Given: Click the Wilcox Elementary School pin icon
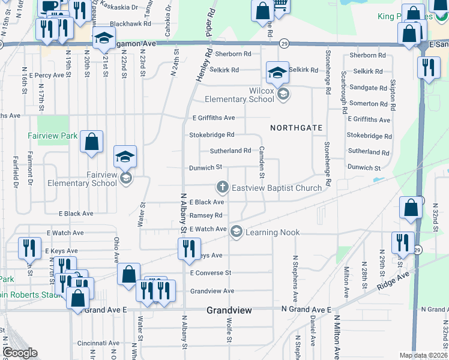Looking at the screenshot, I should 283,94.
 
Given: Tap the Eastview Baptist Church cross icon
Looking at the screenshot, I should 222,188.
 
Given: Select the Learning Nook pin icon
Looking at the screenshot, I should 236,232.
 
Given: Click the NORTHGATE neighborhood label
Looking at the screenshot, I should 297,128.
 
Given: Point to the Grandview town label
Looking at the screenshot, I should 229,310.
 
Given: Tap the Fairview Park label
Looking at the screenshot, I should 52,136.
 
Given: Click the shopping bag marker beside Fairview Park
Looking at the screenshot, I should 91,143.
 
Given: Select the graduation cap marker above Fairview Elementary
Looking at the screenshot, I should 125,157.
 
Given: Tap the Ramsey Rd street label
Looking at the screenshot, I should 206,215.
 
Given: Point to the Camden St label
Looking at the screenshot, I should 262,161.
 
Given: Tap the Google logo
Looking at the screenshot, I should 20,352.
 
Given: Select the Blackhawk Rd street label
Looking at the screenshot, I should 130,23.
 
